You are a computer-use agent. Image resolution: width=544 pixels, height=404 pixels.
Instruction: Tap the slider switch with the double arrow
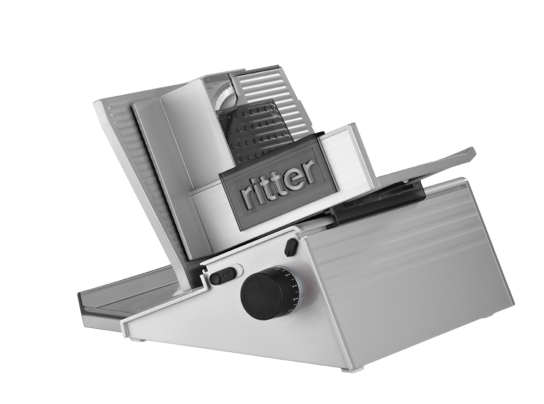click(223, 275)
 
